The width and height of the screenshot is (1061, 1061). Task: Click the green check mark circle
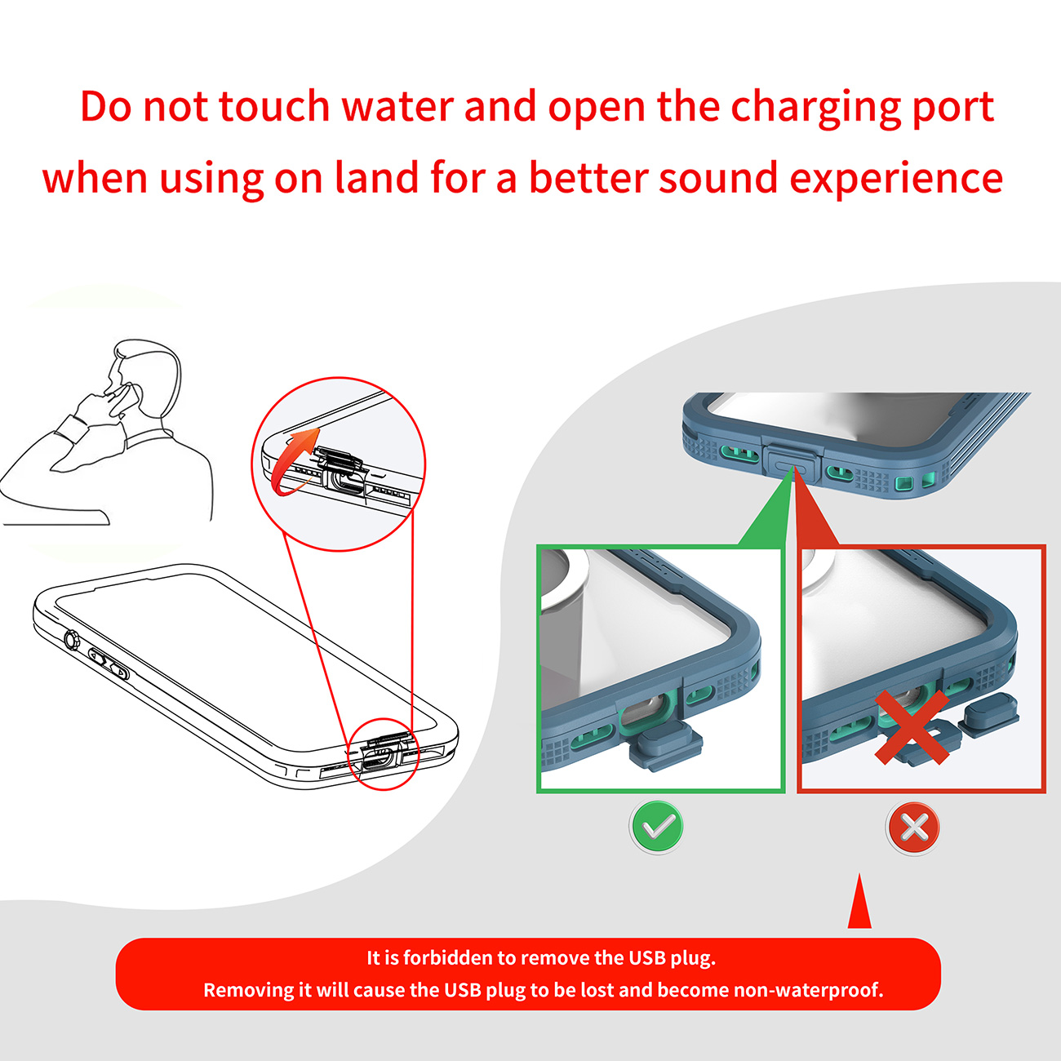[x=658, y=827]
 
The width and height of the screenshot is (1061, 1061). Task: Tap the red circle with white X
[x=914, y=827]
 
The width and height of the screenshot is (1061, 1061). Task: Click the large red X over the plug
[x=912, y=726]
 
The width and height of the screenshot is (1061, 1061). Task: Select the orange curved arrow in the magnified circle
[x=293, y=463]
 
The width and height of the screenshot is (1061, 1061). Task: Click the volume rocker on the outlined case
[x=109, y=664]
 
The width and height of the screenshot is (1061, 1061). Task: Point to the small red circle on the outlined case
[x=384, y=754]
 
